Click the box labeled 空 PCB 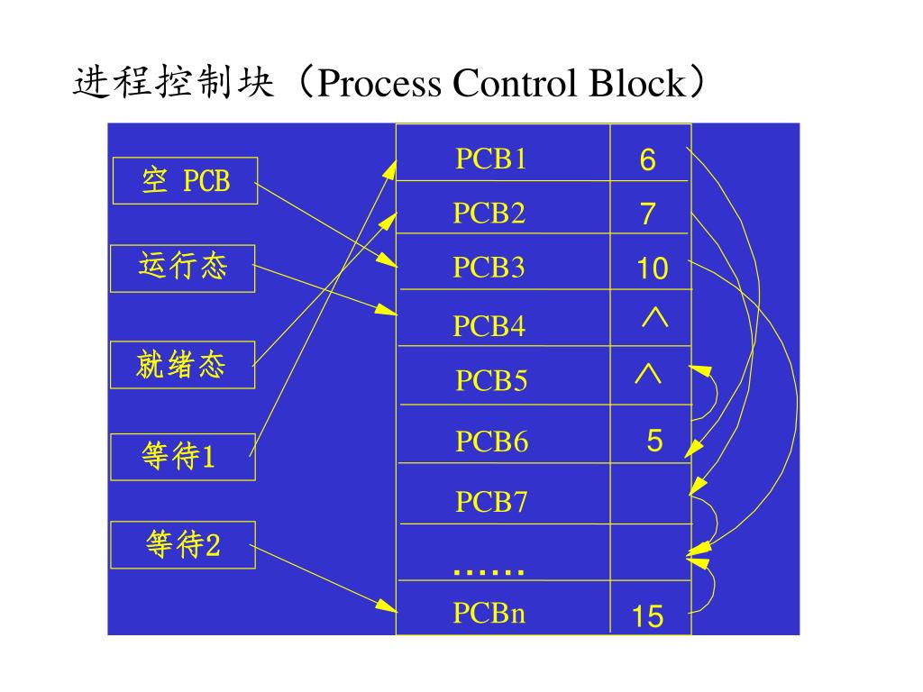click(x=185, y=181)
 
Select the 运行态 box click(x=183, y=268)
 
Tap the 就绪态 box click(x=182, y=365)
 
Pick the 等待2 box click(x=183, y=545)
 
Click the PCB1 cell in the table click(x=490, y=159)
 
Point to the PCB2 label click(x=489, y=214)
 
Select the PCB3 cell click(x=489, y=268)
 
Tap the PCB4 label click(x=489, y=325)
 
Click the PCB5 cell click(x=491, y=381)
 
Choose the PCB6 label click(x=491, y=442)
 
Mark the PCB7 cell click(x=491, y=501)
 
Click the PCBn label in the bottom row click(x=489, y=614)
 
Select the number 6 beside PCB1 click(x=648, y=161)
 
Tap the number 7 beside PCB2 click(x=648, y=215)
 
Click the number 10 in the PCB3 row click(x=652, y=269)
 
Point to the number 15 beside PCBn click(x=647, y=617)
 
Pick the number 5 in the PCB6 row click(x=654, y=442)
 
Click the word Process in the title click(x=379, y=84)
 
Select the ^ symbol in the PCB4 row click(x=653, y=318)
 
